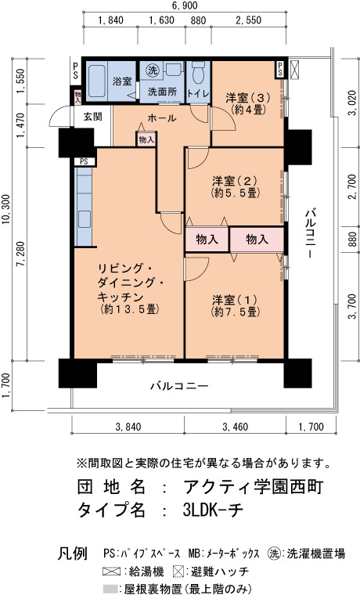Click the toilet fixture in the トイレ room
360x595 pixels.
pyautogui.click(x=199, y=73)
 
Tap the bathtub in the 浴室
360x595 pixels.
pyautogui.click(x=97, y=81)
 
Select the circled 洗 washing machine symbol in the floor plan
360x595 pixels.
pyautogui.click(x=153, y=70)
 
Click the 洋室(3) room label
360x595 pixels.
pyautogui.click(x=248, y=103)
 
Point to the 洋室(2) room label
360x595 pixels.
pyautogui.click(x=236, y=186)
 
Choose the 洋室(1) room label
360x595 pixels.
pyautogui.click(x=236, y=306)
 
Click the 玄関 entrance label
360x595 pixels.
pyautogui.click(x=92, y=116)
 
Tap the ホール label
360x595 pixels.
pyautogui.click(x=162, y=118)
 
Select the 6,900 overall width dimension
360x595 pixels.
pyautogui.click(x=185, y=5)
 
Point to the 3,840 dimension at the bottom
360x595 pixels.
pyautogui.click(x=128, y=427)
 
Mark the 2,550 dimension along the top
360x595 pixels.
pyautogui.click(x=248, y=20)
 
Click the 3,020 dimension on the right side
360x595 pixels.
pyautogui.click(x=354, y=103)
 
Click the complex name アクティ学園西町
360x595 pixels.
pyautogui.click(x=253, y=486)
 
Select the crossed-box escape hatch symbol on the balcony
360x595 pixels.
pyautogui.click(x=294, y=70)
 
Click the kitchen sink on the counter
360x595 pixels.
pyautogui.click(x=85, y=219)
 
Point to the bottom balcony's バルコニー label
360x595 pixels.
pyautogui.click(x=179, y=386)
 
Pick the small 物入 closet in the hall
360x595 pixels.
pyautogui.click(x=146, y=139)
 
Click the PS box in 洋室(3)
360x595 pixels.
pyautogui.click(x=279, y=69)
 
